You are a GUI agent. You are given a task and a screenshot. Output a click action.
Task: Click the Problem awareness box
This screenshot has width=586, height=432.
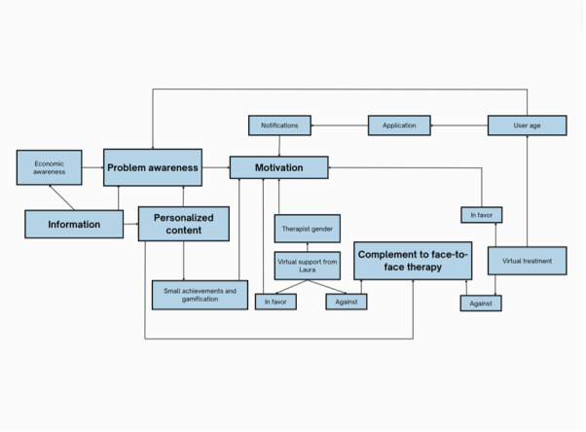tap(153, 167)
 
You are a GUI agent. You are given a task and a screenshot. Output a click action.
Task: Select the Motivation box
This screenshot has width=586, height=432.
tap(278, 167)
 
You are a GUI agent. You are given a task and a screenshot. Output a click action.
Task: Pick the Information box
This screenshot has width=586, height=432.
tap(74, 225)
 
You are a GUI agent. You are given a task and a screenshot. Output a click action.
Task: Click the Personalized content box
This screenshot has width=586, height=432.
tap(183, 224)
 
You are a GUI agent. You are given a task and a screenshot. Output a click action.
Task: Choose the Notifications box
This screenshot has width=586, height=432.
tap(279, 126)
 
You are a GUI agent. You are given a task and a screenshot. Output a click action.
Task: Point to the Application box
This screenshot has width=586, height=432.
tap(399, 126)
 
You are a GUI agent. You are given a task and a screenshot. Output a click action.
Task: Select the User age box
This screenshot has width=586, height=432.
tap(526, 126)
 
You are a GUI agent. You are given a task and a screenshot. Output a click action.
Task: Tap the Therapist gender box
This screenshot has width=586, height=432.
tap(308, 229)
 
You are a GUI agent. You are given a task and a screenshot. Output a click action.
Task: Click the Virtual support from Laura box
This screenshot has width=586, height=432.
tap(308, 266)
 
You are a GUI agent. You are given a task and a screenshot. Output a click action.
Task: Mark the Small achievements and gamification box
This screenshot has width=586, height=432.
tap(199, 295)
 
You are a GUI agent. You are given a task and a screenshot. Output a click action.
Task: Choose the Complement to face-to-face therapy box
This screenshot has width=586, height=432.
tap(413, 261)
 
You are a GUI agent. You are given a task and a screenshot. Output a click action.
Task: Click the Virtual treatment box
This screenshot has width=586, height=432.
tap(527, 261)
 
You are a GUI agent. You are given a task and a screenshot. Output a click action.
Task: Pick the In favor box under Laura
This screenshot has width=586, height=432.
tap(275, 303)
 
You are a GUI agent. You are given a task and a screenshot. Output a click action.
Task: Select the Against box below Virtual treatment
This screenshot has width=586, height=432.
tap(481, 304)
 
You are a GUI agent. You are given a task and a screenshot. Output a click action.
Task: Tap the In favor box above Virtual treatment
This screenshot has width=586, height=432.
tap(481, 214)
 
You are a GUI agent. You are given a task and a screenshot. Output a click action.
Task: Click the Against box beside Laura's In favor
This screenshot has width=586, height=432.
tap(346, 303)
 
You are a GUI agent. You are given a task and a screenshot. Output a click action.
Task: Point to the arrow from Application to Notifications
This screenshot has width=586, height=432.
tap(341, 126)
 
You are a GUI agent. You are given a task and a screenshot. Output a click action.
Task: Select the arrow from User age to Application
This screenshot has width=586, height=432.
tap(458, 126)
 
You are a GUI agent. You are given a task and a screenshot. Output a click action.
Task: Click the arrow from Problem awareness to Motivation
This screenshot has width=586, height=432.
tap(215, 167)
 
